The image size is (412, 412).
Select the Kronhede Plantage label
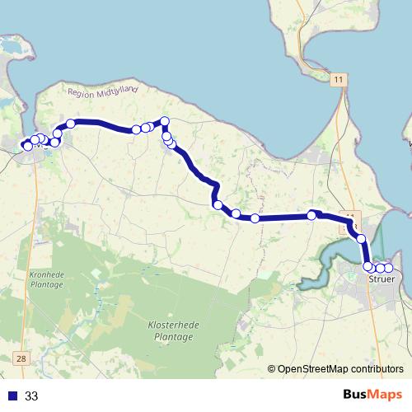coord(45,279)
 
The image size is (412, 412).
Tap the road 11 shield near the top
coord(339,79)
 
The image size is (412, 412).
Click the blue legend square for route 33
coord(12,396)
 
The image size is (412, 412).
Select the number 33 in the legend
coord(32,396)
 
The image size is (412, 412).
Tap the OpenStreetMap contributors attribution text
coord(341,369)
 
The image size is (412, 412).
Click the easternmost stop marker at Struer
coord(388,268)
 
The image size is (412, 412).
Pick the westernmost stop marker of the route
coord(27,146)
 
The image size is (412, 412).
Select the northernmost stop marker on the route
coord(165,121)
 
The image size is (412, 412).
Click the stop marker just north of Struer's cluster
coord(361,238)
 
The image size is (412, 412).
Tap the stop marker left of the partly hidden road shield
coord(312,215)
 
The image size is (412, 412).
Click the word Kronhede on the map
coord(45,274)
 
